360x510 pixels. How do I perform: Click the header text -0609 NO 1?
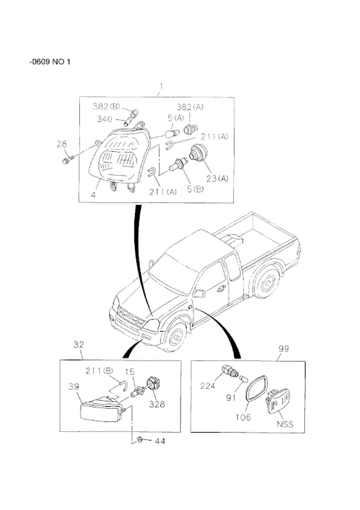[50, 61]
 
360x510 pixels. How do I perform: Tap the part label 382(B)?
[106, 106]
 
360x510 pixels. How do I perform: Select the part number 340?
[104, 119]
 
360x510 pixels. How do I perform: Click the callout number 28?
[61, 143]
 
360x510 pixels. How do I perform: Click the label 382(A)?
[190, 107]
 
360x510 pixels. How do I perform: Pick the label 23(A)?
[217, 178]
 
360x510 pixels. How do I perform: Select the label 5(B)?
[196, 189]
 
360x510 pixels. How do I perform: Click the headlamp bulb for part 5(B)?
[178, 164]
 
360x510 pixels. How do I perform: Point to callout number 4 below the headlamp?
[94, 195]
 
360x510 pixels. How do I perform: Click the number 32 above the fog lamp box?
[79, 344]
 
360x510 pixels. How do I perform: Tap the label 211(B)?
[100, 370]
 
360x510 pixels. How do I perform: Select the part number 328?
[157, 404]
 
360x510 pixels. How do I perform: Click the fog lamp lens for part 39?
[100, 411]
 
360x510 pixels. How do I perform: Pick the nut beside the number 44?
[140, 439]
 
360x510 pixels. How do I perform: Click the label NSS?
[285, 424]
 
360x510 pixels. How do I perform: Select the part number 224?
[208, 386]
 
